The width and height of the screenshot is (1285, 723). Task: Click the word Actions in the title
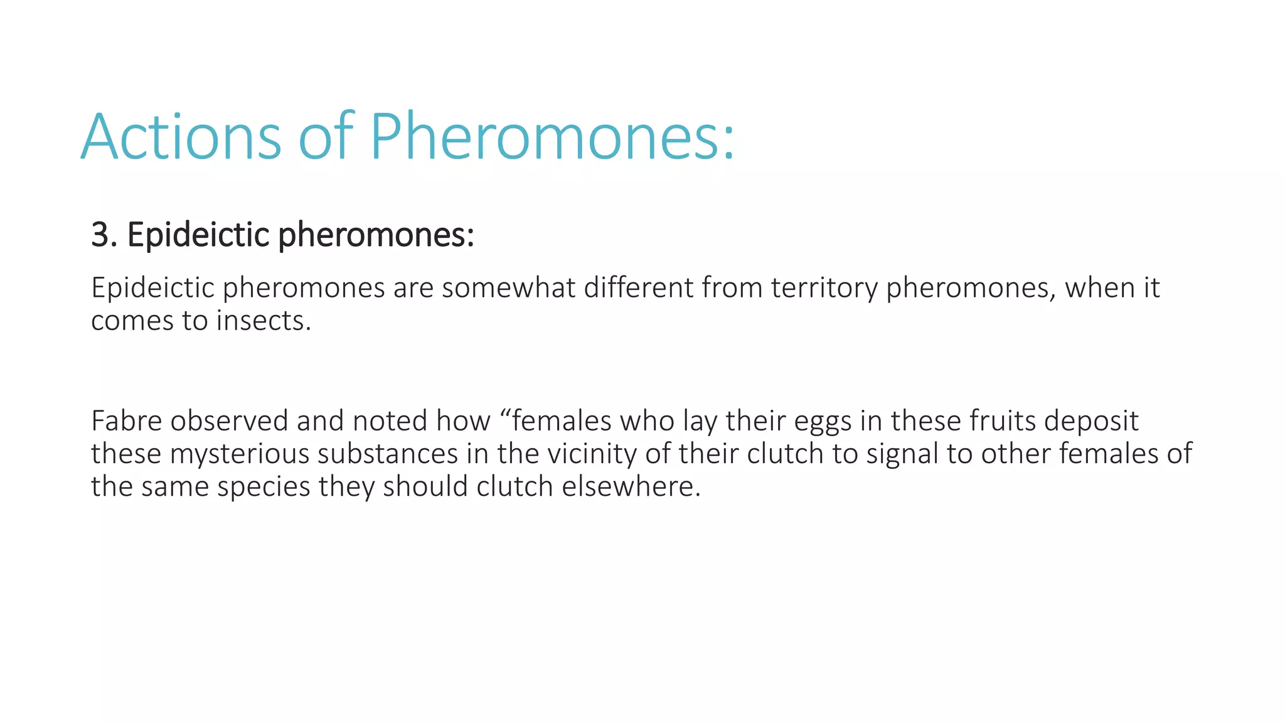coord(181,137)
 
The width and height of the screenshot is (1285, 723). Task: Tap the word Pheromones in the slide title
coord(551,137)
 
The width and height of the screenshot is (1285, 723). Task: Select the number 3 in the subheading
coord(100,235)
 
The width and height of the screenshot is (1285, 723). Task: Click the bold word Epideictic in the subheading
coord(198,235)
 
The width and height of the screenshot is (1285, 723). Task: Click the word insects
coord(263,321)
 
